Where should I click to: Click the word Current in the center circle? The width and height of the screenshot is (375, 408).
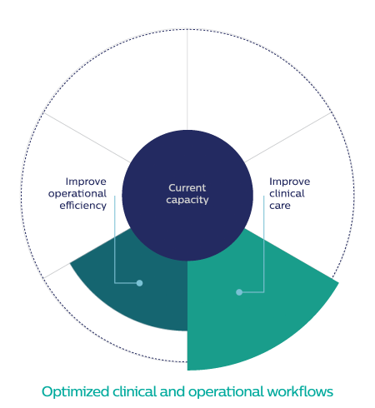187,188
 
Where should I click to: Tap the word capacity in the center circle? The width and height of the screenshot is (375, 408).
187,200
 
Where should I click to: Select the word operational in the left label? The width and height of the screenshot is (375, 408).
77,194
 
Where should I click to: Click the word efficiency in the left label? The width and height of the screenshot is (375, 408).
82,206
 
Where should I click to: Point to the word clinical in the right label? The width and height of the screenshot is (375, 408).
287,193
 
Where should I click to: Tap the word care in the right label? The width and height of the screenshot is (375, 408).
280,206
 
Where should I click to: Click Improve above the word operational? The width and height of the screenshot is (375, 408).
86,182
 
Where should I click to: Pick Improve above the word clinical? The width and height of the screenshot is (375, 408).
290,182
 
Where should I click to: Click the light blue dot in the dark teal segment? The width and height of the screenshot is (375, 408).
139,283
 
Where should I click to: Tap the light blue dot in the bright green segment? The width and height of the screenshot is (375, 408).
239,292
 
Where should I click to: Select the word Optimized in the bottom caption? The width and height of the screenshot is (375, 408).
75,392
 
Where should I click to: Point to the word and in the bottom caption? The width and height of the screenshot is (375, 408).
172,391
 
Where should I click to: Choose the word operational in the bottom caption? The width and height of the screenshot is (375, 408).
226,392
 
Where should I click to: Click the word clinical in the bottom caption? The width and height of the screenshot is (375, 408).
134,391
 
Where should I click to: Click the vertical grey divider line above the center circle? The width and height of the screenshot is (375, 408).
187,80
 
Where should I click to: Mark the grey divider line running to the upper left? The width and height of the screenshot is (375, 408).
87,137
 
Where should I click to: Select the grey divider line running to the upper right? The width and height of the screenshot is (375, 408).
288,137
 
